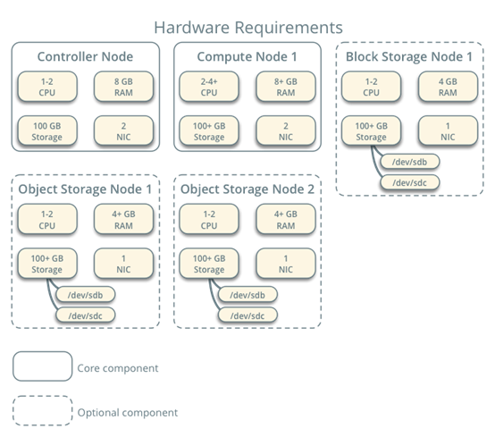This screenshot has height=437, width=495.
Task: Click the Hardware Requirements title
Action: point(247,27)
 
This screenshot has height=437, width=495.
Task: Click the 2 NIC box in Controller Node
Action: point(123,131)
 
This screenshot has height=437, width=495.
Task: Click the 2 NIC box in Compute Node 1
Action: point(285,131)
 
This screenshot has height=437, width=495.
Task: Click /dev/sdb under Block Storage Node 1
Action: point(403,163)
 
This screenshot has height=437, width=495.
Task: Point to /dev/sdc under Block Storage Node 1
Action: point(403,182)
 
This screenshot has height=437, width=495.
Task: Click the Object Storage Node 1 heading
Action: point(85,189)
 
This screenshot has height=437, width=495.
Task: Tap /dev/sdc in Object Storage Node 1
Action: point(86,315)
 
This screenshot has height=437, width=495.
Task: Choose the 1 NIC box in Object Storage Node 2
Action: point(285,263)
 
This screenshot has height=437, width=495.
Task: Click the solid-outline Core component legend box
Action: point(42,366)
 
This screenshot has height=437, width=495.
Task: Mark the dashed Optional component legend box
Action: point(42,411)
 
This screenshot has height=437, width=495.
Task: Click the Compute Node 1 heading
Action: point(247,57)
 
